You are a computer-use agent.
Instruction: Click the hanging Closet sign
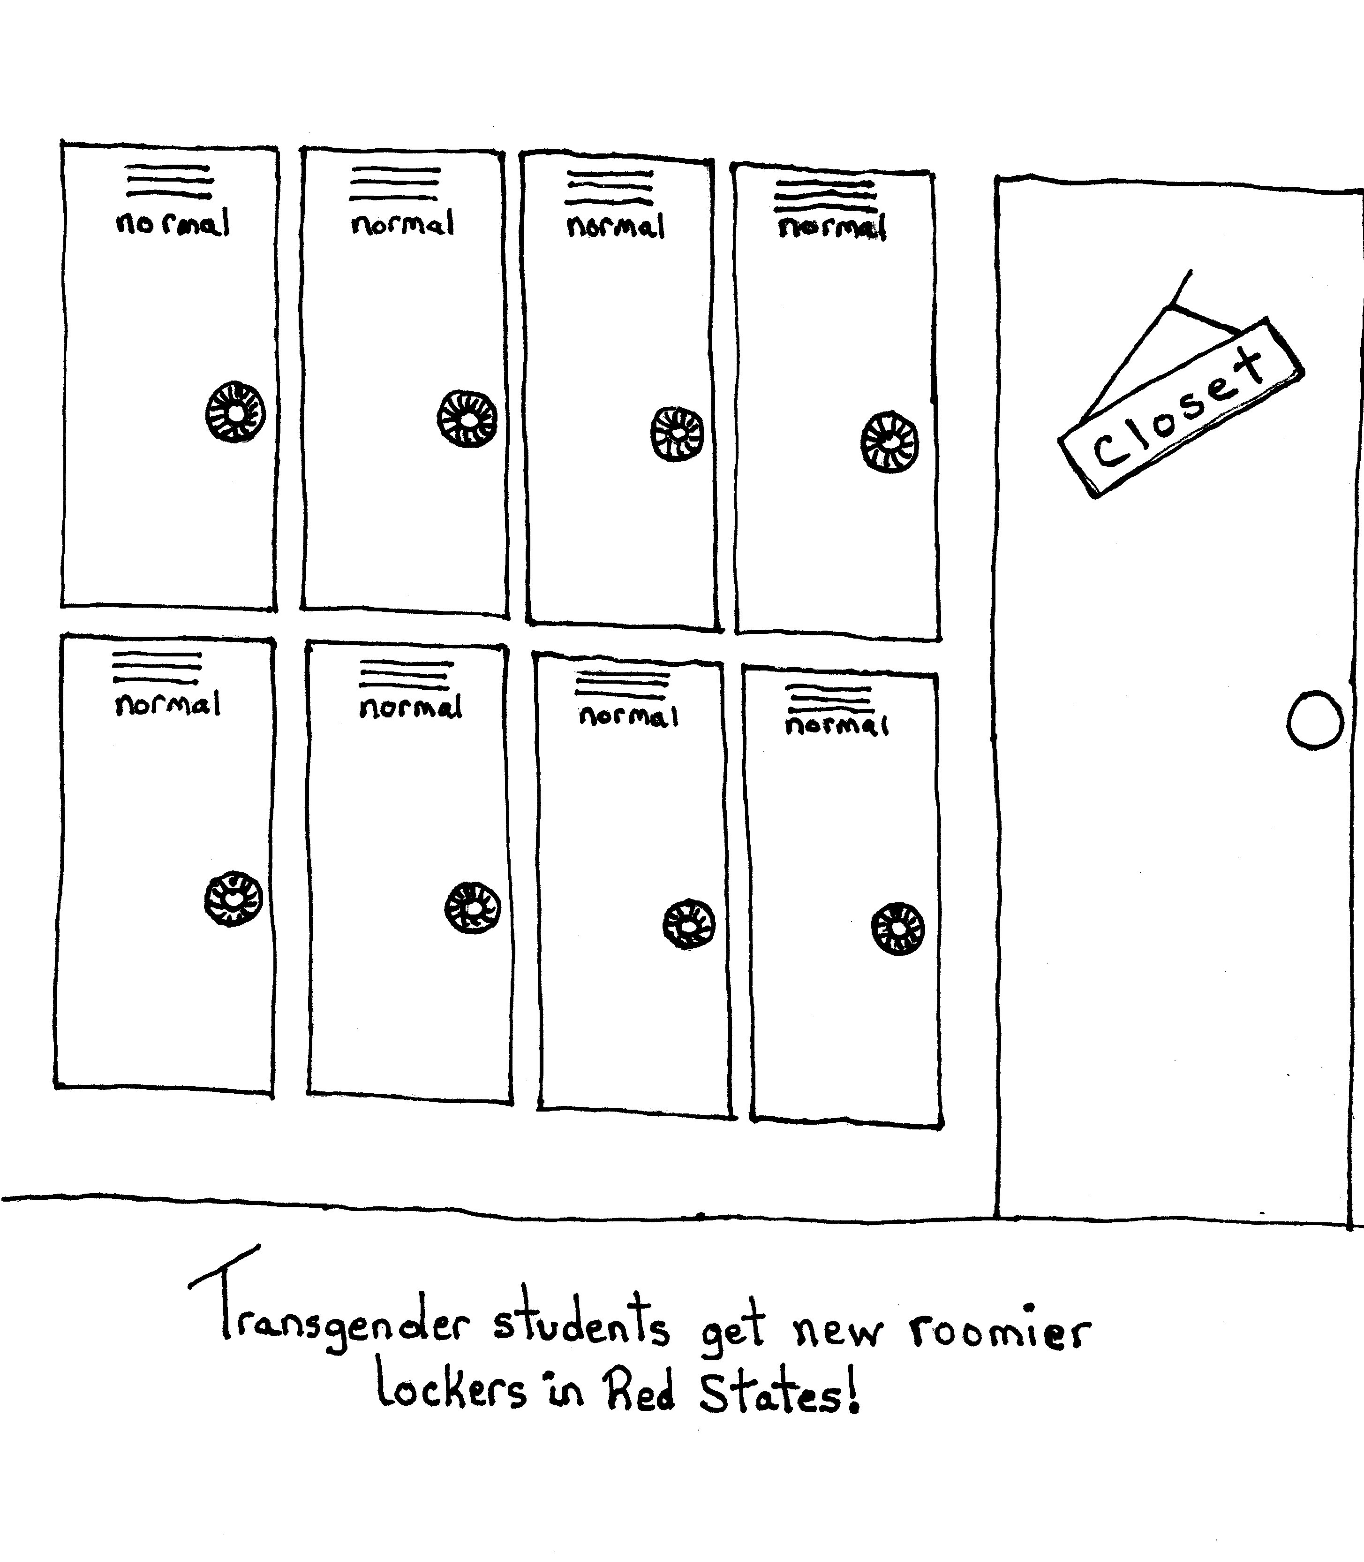coord(1181,407)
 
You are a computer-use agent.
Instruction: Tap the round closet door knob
coord(1314,720)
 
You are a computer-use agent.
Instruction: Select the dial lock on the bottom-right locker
coord(898,929)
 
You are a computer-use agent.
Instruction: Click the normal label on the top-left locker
coord(172,223)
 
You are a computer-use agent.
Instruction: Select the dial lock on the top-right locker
coord(889,442)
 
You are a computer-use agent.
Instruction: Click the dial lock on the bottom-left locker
coord(233,899)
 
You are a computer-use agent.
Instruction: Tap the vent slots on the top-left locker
coord(169,181)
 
